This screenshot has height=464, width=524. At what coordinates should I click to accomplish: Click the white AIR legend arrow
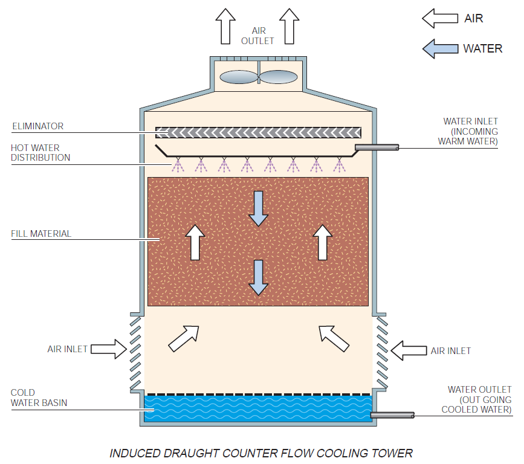tap(439, 18)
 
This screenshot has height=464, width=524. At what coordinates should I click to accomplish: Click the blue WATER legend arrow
tap(439, 48)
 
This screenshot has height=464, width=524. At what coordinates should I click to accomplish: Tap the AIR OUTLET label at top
tap(257, 36)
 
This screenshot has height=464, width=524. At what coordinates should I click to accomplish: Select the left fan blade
tap(239, 77)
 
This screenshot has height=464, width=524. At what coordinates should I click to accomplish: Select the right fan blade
tap(279, 77)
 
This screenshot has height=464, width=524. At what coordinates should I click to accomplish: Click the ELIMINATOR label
tap(37, 126)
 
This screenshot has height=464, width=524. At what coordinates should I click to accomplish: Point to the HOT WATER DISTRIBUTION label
tap(40, 152)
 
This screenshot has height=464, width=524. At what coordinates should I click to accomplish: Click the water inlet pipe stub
tap(376, 147)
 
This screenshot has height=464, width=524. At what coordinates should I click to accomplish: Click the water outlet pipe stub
tap(392, 415)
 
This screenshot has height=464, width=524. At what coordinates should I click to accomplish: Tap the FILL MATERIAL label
tap(40, 233)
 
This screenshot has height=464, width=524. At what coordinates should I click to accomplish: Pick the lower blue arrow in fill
tap(258, 277)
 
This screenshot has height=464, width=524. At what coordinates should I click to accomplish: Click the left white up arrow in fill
tap(195, 242)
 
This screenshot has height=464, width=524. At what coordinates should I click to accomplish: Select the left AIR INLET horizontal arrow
tap(110, 349)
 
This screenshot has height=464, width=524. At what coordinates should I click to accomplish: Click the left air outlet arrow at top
tap(227, 26)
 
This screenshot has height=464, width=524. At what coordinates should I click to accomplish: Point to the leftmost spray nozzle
tap(178, 164)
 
